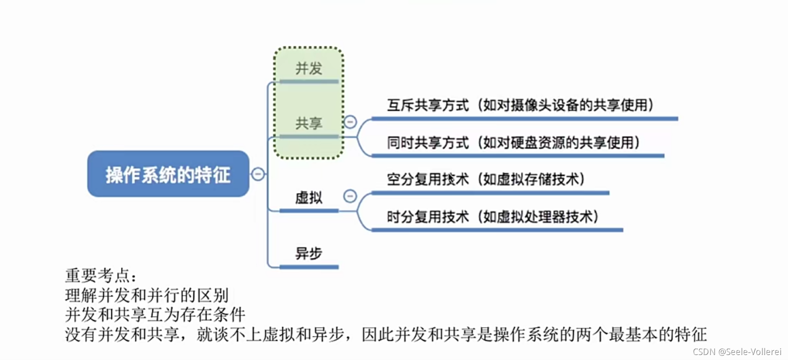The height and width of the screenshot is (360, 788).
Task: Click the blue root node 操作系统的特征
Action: pyautogui.click(x=168, y=174)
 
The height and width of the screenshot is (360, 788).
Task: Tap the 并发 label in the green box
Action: pyautogui.click(x=309, y=68)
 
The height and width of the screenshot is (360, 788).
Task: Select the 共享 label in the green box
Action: pyautogui.click(x=309, y=123)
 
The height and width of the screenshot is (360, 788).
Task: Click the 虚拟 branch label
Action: pyautogui.click(x=309, y=198)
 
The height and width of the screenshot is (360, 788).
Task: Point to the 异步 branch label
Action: pyautogui.click(x=309, y=253)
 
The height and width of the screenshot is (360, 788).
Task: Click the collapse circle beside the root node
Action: pyautogui.click(x=258, y=174)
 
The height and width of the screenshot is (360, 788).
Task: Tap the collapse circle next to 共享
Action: pyautogui.click(x=350, y=122)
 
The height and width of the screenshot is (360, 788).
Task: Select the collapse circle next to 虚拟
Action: pyautogui.click(x=350, y=196)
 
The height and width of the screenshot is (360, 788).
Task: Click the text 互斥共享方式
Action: pyautogui.click(x=428, y=105)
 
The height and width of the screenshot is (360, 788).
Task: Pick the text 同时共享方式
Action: pyautogui.click(x=428, y=143)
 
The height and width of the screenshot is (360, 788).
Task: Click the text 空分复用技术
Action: pyautogui.click(x=428, y=179)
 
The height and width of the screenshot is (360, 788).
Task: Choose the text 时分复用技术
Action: pyautogui.click(x=428, y=217)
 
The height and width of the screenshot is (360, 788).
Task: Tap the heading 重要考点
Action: pyautogui.click(x=100, y=276)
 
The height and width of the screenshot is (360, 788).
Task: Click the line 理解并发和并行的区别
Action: pyautogui.click(x=146, y=295)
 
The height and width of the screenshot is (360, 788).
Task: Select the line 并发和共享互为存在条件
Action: pyautogui.click(x=155, y=314)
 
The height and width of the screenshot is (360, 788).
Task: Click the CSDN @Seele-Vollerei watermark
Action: pyautogui.click(x=737, y=352)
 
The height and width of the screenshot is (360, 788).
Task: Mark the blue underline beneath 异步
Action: pyautogui.click(x=309, y=267)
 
